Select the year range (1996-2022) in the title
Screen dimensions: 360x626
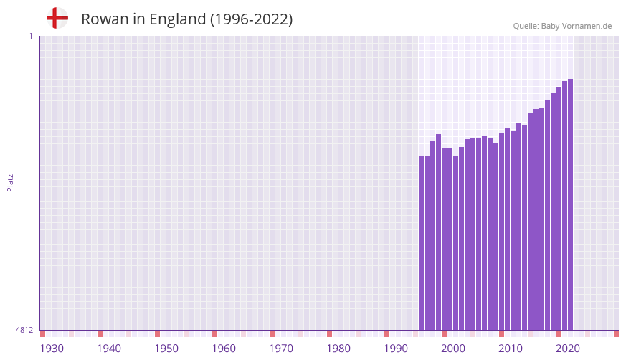pos(251,19)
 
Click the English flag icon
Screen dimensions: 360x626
pos(57,18)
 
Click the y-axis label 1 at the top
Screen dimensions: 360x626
pos(30,36)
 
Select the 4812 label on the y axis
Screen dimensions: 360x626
pos(24,330)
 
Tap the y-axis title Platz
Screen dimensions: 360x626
pos(10,182)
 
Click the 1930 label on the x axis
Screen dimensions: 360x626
pos(52,349)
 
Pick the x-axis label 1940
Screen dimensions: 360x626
pos(109,349)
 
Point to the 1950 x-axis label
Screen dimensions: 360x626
pos(166,349)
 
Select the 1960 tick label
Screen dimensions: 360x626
pos(224,349)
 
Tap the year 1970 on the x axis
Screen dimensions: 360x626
pos(281,349)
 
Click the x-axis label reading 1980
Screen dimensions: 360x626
pos(338,349)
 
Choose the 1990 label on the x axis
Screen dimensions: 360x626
pos(396,349)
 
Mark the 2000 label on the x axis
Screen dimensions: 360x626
pos(453,349)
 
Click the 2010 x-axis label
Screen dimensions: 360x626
pos(511,349)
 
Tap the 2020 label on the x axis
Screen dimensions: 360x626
pos(568,349)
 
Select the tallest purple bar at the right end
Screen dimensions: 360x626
pos(570,204)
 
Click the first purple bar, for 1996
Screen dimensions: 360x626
pos(422,243)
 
